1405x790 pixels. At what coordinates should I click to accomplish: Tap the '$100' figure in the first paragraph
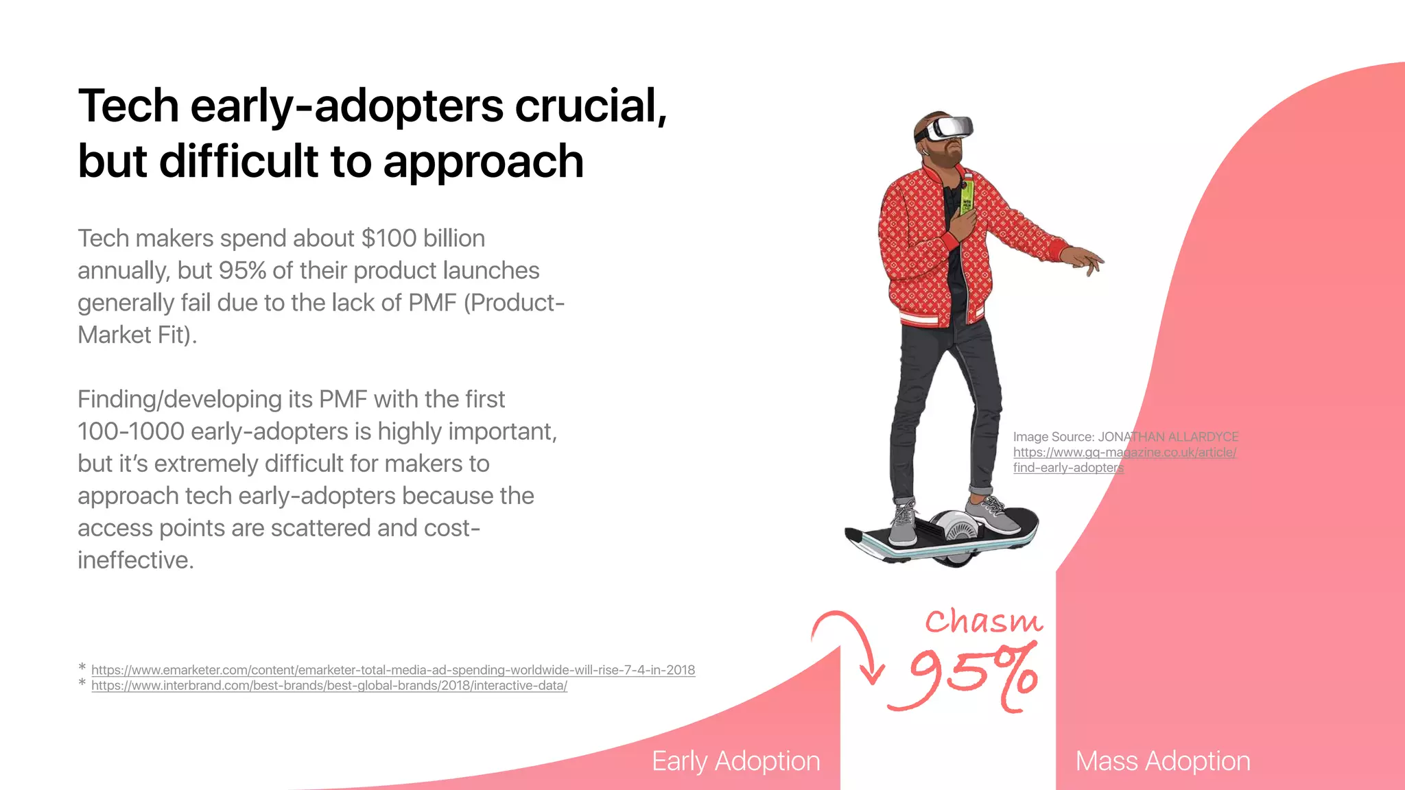389,239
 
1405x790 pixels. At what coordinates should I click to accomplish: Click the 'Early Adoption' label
735,761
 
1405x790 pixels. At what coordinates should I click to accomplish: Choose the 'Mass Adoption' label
1162,761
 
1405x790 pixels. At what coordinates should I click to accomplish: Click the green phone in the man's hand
967,195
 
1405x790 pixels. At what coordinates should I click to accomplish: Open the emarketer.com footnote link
393,670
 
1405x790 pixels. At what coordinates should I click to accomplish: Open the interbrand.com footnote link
329,686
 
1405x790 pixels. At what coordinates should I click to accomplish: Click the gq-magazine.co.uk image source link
1124,453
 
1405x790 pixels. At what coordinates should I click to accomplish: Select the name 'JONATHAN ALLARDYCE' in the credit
1168,437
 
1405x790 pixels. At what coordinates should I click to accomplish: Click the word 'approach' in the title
483,162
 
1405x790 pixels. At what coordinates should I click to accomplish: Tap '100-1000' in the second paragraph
131,432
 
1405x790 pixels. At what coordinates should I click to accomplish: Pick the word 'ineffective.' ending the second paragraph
136,560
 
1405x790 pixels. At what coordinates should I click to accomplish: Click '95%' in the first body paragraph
242,271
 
